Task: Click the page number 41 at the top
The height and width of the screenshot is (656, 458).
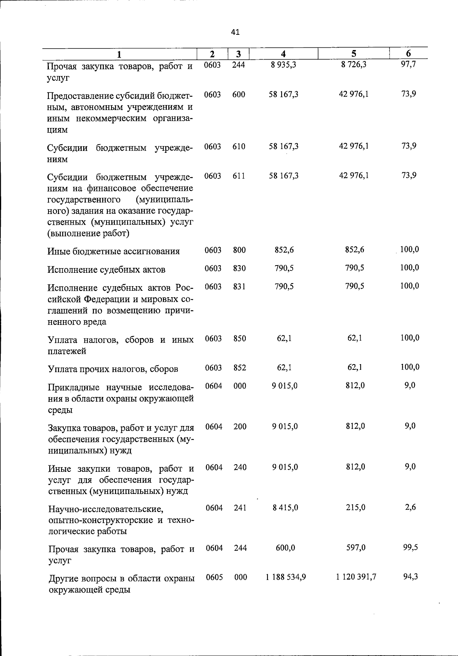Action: click(x=235, y=32)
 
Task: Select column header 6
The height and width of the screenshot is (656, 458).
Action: click(x=408, y=54)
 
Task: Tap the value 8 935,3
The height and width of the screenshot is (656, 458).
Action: click(x=284, y=65)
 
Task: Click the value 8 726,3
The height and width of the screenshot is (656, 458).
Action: click(x=354, y=65)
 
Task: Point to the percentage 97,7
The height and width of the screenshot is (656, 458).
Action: click(x=408, y=64)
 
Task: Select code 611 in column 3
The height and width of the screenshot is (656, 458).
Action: click(x=239, y=176)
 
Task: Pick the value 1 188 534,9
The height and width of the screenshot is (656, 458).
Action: click(x=286, y=577)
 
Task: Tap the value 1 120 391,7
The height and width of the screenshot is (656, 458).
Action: click(x=356, y=577)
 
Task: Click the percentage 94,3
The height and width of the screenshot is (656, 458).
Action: click(x=410, y=577)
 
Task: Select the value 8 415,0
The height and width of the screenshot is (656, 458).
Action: click(x=285, y=508)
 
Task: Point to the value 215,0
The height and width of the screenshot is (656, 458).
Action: click(x=355, y=508)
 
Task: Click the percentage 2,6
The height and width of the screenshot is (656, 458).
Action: click(x=410, y=507)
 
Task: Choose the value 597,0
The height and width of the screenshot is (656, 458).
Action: click(x=356, y=548)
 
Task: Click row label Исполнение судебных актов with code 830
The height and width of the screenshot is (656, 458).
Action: click(x=106, y=270)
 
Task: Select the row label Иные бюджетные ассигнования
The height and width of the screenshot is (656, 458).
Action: click(x=113, y=252)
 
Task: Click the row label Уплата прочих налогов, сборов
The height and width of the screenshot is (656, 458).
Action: click(x=113, y=369)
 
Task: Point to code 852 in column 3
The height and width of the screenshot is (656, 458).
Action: click(x=240, y=368)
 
